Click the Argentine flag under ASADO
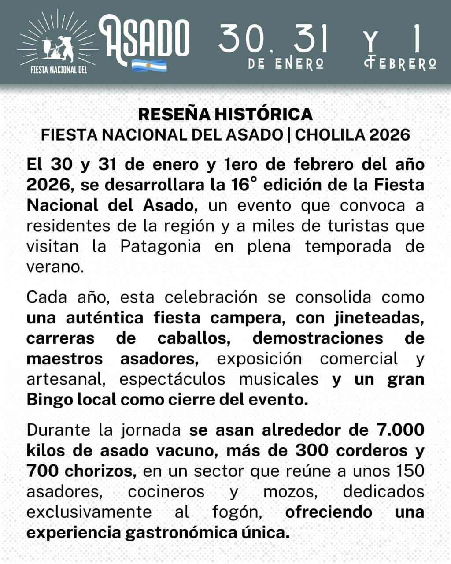[x=149, y=66]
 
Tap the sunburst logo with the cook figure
[x=58, y=42]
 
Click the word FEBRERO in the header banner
[x=400, y=63]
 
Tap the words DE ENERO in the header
[x=286, y=63]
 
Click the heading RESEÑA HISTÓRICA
[x=225, y=114]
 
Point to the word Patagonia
[x=160, y=246]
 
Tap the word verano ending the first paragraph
[x=55, y=267]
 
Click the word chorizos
[x=101, y=471]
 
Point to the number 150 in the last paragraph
[x=410, y=471]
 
